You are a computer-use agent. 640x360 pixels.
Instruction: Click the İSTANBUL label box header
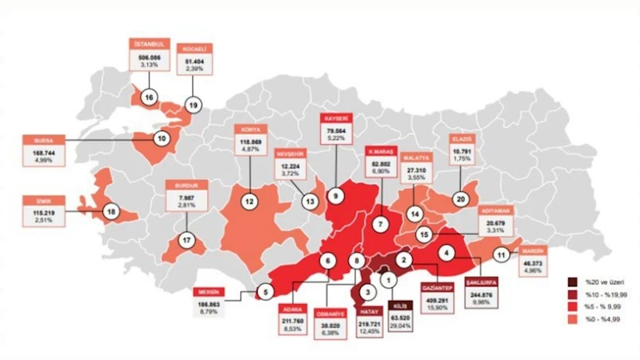[149, 44]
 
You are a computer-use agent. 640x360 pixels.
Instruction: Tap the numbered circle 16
[149, 97]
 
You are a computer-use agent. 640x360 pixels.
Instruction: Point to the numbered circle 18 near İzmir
[110, 212]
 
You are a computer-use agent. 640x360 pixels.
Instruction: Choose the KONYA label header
[250, 129]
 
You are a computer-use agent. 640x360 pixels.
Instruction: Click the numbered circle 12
[250, 202]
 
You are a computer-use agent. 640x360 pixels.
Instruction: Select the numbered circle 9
[336, 196]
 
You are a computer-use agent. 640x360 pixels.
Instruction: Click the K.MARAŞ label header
[381, 150]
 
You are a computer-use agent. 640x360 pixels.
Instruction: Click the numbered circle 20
[461, 198]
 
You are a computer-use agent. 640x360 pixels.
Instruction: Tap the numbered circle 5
[267, 292]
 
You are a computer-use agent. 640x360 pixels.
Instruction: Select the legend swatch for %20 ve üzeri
[572, 282]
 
